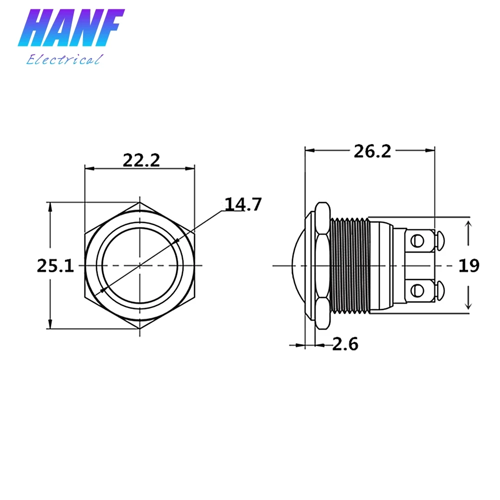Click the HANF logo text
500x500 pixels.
(71, 28)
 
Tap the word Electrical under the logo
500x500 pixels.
(65, 59)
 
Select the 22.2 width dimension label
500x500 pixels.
(141, 160)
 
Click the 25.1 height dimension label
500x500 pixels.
(55, 265)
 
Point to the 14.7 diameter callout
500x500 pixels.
(243, 204)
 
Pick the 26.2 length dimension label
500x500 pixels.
(372, 151)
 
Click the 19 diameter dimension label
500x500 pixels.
(469, 265)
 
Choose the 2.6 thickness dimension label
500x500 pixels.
(345, 344)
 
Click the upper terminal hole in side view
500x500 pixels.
(417, 241)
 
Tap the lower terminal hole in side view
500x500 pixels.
(417, 290)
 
